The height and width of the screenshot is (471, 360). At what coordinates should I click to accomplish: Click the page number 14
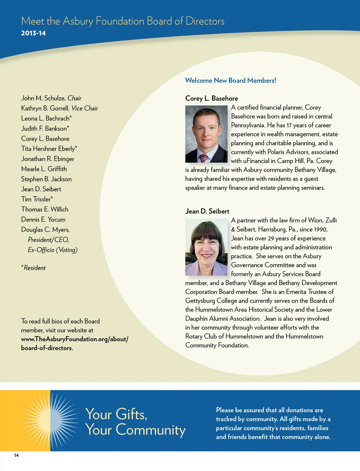(x=16, y=455)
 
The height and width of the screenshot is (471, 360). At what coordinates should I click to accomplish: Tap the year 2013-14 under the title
(x=33, y=33)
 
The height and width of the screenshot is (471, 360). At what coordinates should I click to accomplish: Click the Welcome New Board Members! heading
(x=231, y=80)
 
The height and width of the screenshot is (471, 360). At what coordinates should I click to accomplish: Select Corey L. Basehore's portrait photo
(x=206, y=134)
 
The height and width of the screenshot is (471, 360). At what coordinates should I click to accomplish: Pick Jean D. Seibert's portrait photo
(x=206, y=247)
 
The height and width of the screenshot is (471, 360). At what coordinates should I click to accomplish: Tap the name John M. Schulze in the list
(x=43, y=98)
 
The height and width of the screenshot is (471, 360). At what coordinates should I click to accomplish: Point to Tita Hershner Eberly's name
(x=48, y=149)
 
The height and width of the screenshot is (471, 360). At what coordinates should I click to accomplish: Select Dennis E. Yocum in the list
(x=43, y=219)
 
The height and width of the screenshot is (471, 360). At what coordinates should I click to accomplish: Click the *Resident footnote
(x=33, y=268)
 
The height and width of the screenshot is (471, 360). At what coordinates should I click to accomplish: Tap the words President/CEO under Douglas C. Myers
(x=48, y=240)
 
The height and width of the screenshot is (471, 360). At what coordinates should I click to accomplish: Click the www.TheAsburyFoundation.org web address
(x=74, y=339)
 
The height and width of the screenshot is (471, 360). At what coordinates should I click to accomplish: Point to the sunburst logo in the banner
(x=50, y=420)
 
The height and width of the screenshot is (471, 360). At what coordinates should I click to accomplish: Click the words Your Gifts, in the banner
(x=116, y=414)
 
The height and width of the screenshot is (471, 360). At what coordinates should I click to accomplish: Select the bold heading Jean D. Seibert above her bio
(x=207, y=211)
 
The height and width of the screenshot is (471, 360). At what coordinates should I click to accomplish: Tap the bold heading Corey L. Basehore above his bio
(x=211, y=98)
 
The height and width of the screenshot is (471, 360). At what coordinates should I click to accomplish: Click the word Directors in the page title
(x=205, y=21)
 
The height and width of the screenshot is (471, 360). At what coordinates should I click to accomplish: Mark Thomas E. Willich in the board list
(x=45, y=209)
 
